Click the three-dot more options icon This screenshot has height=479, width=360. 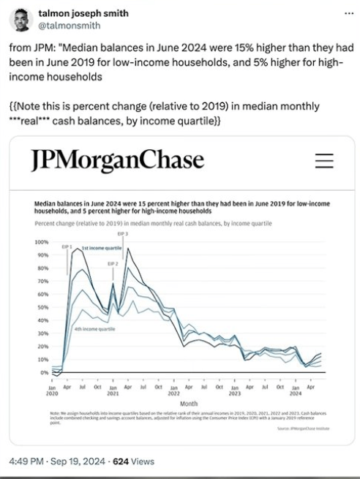(346, 12)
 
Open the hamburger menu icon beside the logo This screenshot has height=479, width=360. (323, 161)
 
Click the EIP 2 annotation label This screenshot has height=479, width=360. (112, 263)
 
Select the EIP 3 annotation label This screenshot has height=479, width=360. (123, 233)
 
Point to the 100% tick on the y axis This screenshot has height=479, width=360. (42, 241)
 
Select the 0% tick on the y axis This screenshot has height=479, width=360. (45, 372)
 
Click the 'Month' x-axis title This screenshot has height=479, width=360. (189, 403)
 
